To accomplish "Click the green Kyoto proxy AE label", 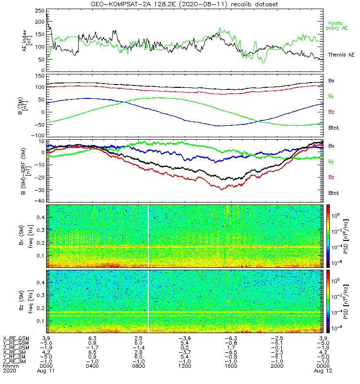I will coord(338,25).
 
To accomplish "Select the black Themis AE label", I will coord(341,55).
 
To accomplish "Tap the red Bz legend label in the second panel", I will coord(331,112).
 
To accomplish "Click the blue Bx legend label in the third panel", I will coord(331,146).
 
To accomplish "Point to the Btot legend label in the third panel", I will coord(333,193).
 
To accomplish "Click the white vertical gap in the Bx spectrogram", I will coord(149,236).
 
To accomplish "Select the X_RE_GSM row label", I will coord(16,338).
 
